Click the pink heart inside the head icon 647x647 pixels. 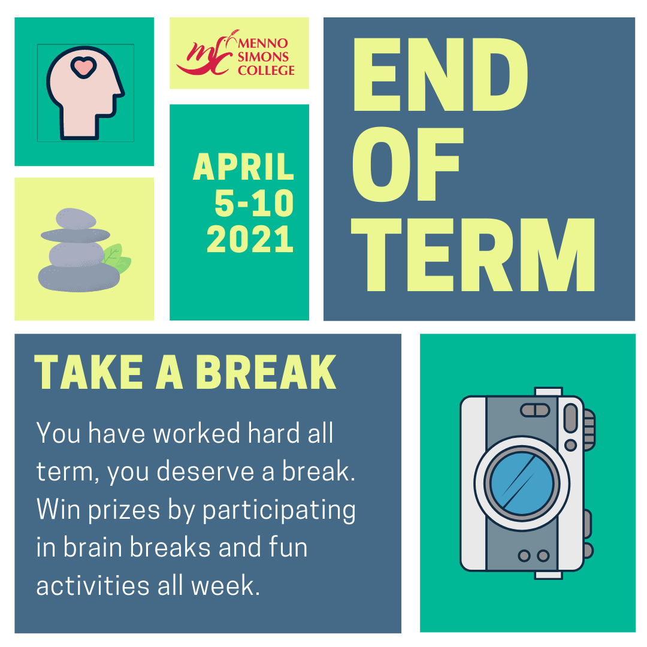(84, 67)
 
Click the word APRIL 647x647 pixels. (243, 167)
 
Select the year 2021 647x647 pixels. (250, 239)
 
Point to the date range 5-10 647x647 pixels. (254, 203)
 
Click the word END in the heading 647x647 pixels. (440, 75)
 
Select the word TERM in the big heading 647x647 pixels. (473, 255)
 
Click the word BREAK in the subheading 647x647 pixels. (266, 372)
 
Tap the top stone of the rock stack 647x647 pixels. (76, 218)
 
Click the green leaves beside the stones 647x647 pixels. (116, 258)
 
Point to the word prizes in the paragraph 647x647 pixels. (124, 510)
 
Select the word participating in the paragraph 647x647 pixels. (279, 510)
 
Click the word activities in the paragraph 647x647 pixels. (93, 585)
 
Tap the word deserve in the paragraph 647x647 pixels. (205, 472)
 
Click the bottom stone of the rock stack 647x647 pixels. (79, 278)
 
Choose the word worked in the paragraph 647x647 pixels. (196, 433)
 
